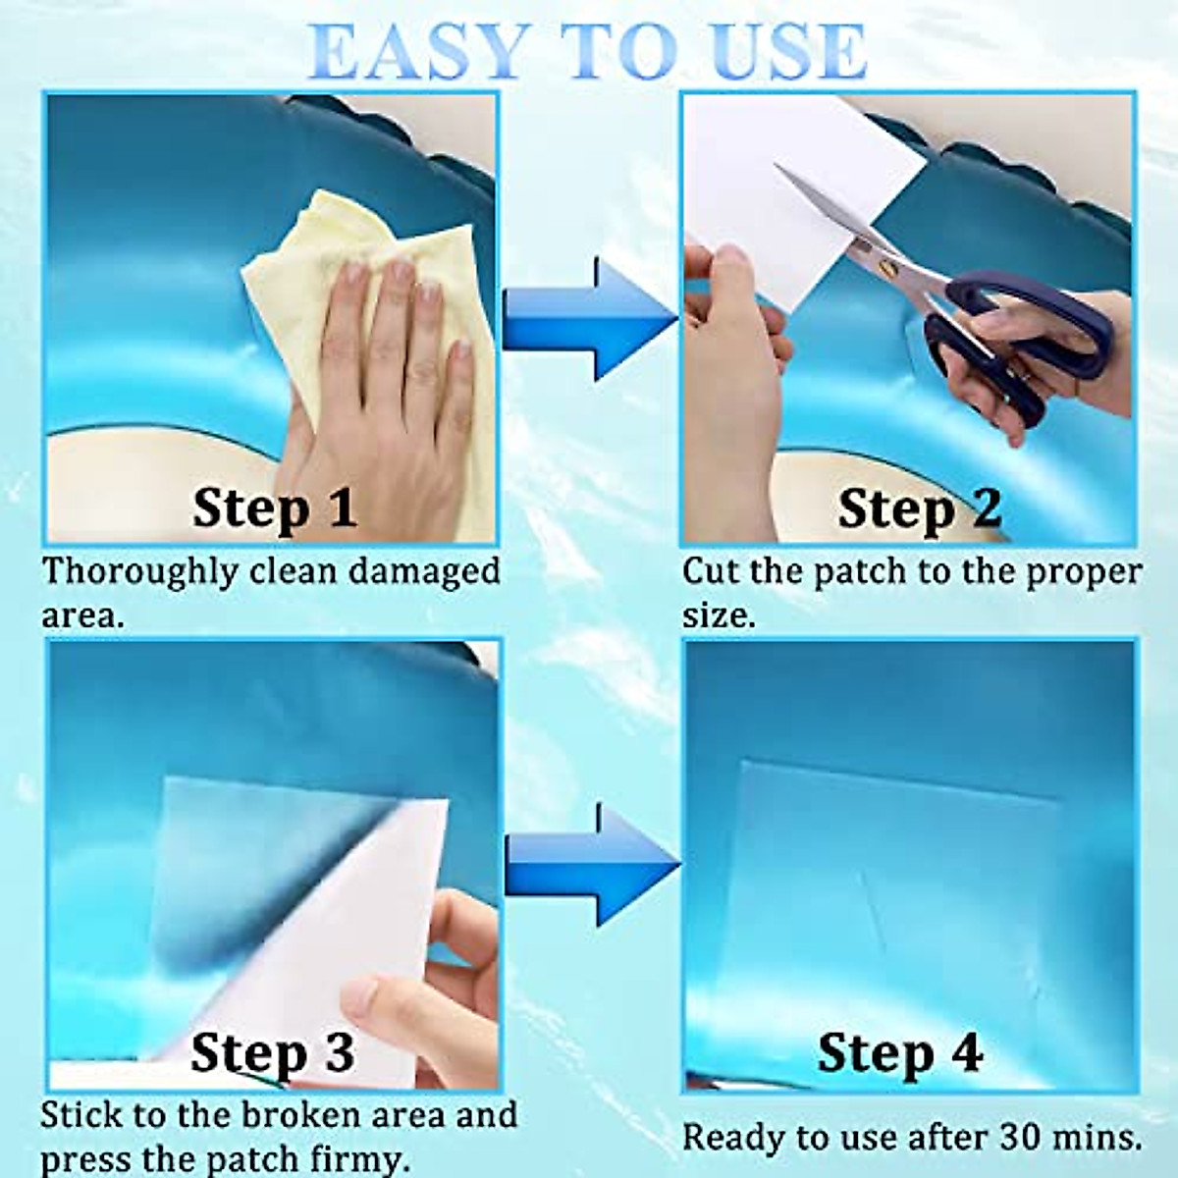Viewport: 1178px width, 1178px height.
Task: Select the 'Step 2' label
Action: click(x=919, y=508)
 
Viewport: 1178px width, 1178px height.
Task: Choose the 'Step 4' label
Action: click(x=899, y=1053)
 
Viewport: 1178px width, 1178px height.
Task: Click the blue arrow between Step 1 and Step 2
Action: click(x=589, y=318)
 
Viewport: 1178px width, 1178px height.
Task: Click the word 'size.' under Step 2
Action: click(x=719, y=616)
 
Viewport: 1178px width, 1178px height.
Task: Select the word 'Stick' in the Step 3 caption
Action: click(x=80, y=1115)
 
